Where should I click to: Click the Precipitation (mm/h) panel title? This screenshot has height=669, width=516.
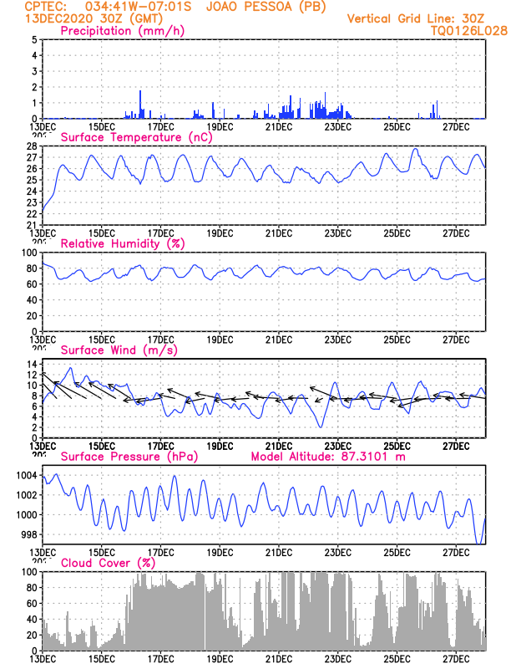coord(122,31)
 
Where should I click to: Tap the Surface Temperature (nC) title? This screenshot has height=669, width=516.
coord(136,137)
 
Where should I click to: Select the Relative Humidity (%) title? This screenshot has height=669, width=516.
coord(123,243)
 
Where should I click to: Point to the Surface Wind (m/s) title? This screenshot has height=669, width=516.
coord(119,350)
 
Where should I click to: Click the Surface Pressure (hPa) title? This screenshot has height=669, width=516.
coord(129,457)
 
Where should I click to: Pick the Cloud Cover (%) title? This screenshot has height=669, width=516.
coord(108,563)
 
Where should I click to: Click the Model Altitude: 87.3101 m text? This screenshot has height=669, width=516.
coord(328,457)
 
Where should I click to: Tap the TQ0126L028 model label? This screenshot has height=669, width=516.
coord(469,31)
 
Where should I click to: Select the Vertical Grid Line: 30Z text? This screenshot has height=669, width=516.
coord(416,18)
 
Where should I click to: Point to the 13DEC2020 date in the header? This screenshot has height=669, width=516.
coord(58,18)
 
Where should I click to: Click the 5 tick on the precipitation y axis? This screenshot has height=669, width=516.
coord(35,39)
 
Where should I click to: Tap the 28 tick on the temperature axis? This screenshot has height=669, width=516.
coord(33,146)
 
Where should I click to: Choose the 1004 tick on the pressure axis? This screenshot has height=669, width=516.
coord(28,475)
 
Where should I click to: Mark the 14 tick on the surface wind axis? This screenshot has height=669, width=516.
coord(33,364)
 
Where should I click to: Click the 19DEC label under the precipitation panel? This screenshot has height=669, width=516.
coord(220,127)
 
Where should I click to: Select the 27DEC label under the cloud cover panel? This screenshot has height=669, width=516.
coord(456,659)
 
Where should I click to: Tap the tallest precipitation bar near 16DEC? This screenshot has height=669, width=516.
coord(140,105)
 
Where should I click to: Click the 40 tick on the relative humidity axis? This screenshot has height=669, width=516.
coord(33,300)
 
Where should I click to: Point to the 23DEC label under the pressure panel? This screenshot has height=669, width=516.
coord(338,553)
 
